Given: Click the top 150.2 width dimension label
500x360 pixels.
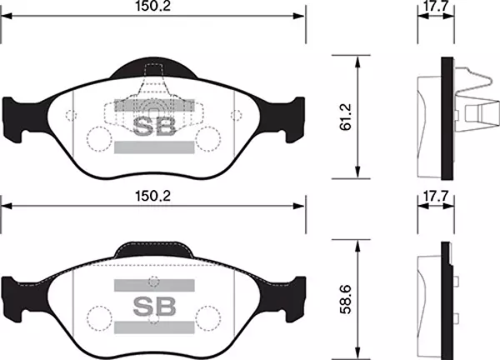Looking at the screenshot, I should click(x=152, y=8).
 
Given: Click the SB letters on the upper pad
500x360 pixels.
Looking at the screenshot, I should click(x=154, y=126).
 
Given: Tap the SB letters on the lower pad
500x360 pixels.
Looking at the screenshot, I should click(x=154, y=304).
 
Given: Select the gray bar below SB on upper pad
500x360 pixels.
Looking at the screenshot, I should click(x=154, y=147).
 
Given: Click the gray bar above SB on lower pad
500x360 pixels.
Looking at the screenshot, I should click(x=154, y=283).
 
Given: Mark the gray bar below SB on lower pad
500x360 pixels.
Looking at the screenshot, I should click(x=154, y=325).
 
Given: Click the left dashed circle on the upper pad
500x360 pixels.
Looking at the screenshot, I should click(x=98, y=138).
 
